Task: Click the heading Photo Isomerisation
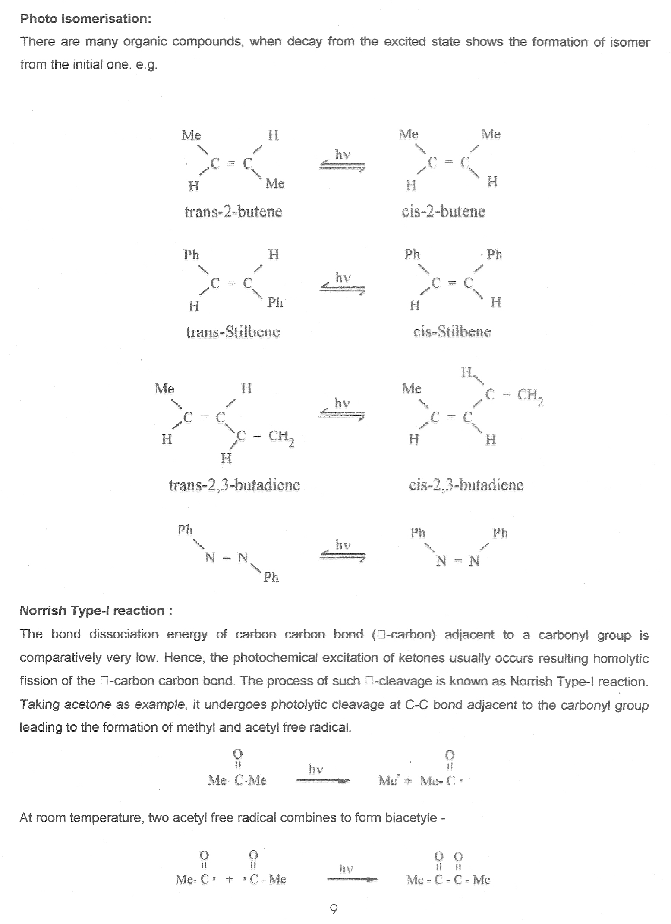(85, 19)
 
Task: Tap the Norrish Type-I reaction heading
(96, 610)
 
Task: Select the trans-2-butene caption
(233, 211)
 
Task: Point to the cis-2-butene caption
(443, 211)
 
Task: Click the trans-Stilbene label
(233, 332)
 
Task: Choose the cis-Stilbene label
(452, 331)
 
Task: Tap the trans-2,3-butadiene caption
(234, 485)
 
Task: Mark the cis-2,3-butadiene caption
(466, 485)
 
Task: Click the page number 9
(334, 909)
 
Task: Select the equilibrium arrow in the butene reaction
(342, 166)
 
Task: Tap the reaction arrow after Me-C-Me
(322, 780)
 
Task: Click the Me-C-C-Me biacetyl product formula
(448, 880)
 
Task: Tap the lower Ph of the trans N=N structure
(271, 577)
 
